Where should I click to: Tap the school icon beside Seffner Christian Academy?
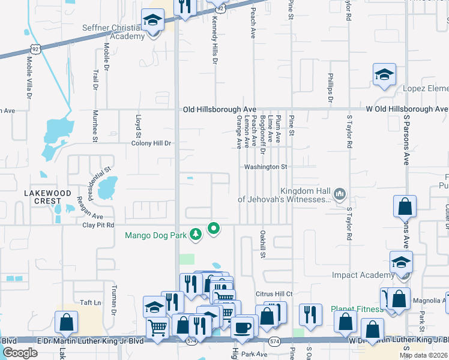click(153, 22)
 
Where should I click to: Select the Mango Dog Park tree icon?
click(195, 234)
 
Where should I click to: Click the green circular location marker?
click(213, 228)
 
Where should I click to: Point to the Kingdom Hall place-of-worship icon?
click(340, 193)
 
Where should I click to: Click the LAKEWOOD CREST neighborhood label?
click(51, 197)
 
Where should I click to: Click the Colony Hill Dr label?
click(152, 143)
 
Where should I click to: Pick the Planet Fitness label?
click(357, 309)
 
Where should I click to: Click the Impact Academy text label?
click(361, 275)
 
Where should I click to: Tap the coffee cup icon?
click(243, 328)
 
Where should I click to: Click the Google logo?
click(20, 353)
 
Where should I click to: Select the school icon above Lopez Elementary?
click(384, 76)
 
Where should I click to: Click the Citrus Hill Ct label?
click(273, 293)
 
